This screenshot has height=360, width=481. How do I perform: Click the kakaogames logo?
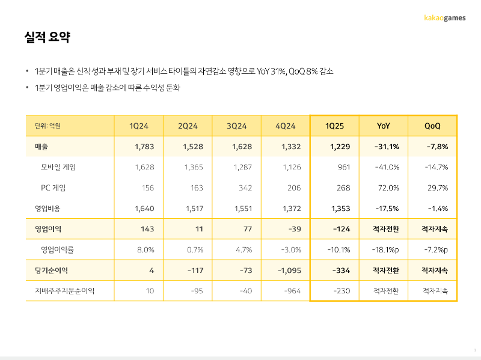coord(444,18)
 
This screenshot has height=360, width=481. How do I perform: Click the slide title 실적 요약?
coord(47,37)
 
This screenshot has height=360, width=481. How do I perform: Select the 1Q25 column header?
coord(334,126)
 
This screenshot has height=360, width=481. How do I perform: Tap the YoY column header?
coord(383,126)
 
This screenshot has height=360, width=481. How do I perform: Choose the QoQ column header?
coord(432,126)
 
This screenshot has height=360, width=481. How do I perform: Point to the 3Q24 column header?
coord(236,126)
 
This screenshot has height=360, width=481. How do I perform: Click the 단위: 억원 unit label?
coord(47,126)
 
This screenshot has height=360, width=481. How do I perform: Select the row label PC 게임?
coord(53,188)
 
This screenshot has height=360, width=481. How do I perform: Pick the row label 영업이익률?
coord(57,249)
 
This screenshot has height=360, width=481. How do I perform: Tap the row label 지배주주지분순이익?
coord(64,291)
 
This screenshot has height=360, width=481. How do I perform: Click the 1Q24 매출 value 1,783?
coord(144,147)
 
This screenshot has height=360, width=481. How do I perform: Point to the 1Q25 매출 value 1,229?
coord(340,147)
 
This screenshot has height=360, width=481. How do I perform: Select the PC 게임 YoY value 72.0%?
coord(388,188)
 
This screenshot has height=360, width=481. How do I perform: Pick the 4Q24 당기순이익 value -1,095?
coord(289,270)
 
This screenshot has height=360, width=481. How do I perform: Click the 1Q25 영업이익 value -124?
coord(342,229)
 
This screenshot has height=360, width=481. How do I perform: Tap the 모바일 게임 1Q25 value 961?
coord(344,167)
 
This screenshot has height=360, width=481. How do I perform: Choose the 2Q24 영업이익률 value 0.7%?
coord(195,250)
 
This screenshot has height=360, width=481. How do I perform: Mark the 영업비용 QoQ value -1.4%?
coord(438,209)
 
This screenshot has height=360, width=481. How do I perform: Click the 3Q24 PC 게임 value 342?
coord(245,188)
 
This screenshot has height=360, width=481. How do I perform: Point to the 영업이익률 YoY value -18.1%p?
coord(385,250)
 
